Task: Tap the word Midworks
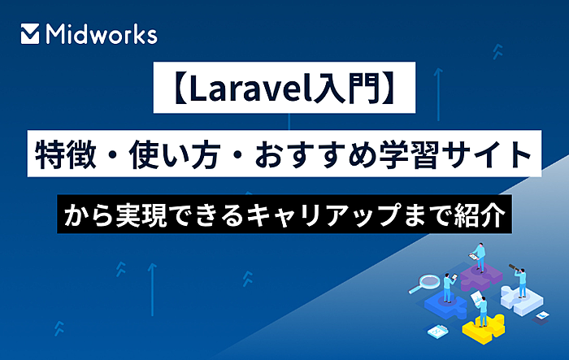point(101,34)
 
